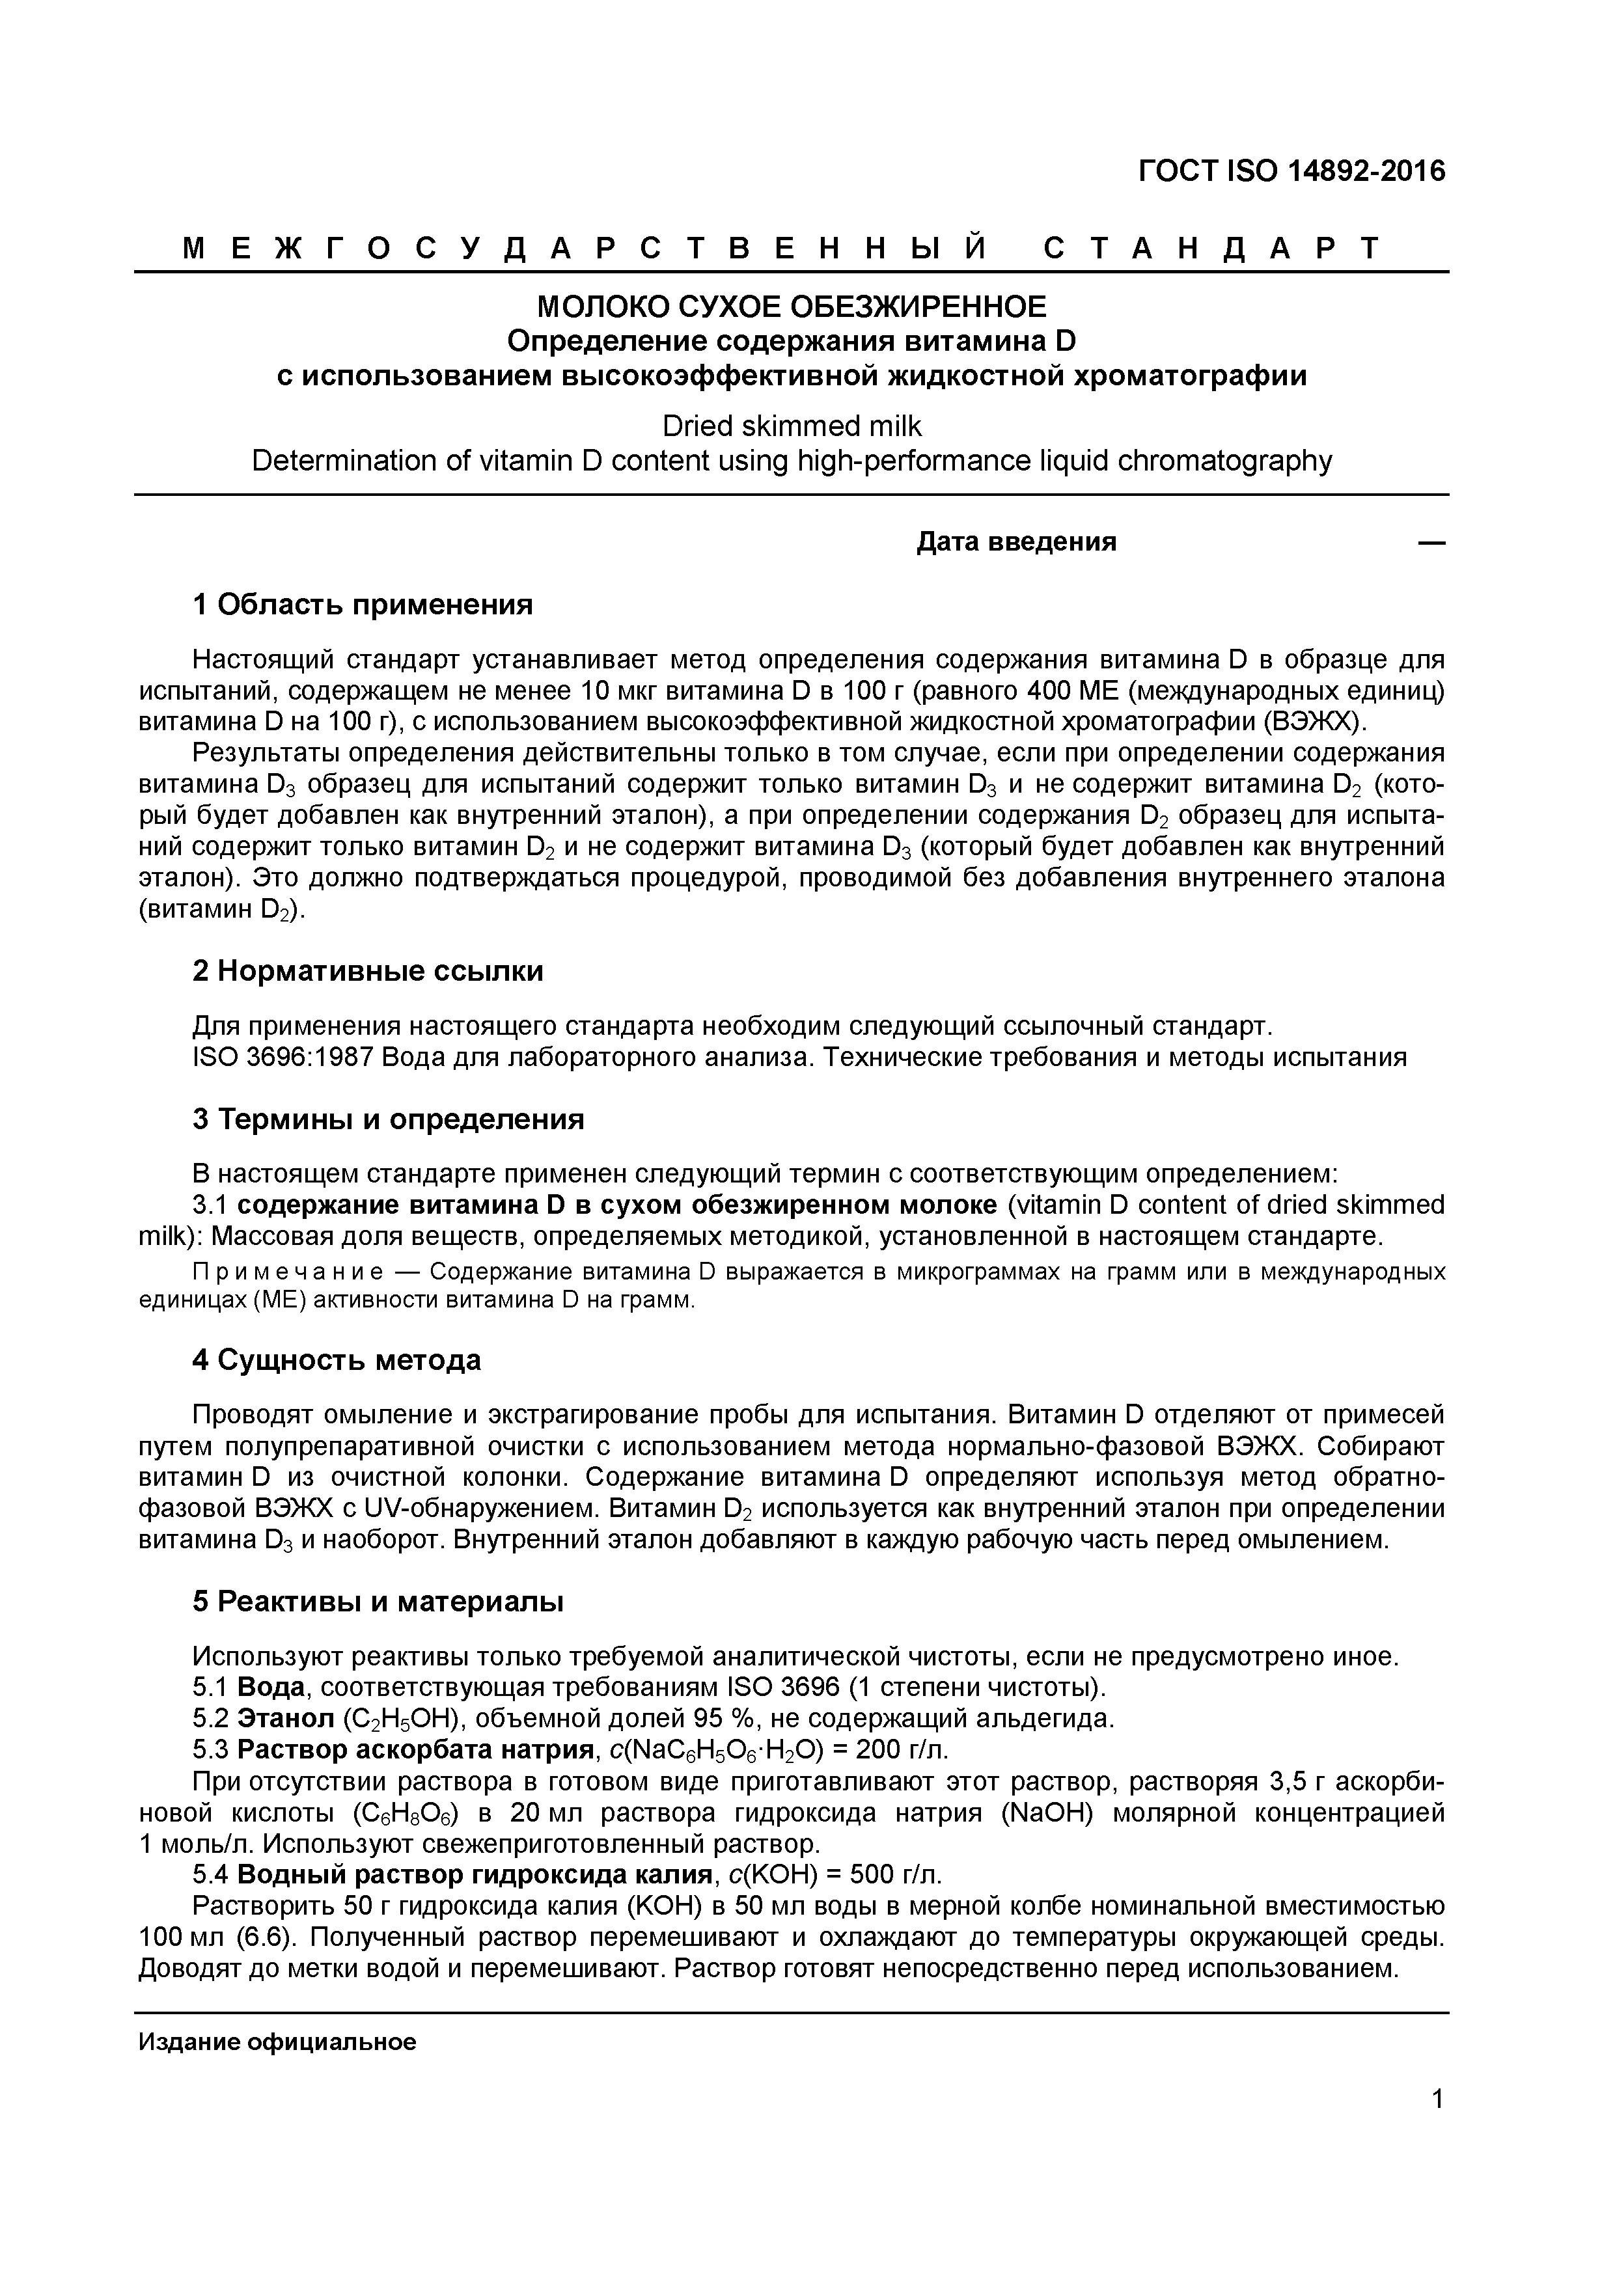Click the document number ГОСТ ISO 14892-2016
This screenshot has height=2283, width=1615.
(x=1291, y=172)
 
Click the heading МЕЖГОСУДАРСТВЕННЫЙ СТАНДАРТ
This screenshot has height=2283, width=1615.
(x=782, y=249)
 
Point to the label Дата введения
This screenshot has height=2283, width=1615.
(x=1015, y=542)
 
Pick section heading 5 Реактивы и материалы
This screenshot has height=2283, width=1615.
(x=378, y=1602)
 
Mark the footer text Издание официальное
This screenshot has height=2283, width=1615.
(x=277, y=2042)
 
